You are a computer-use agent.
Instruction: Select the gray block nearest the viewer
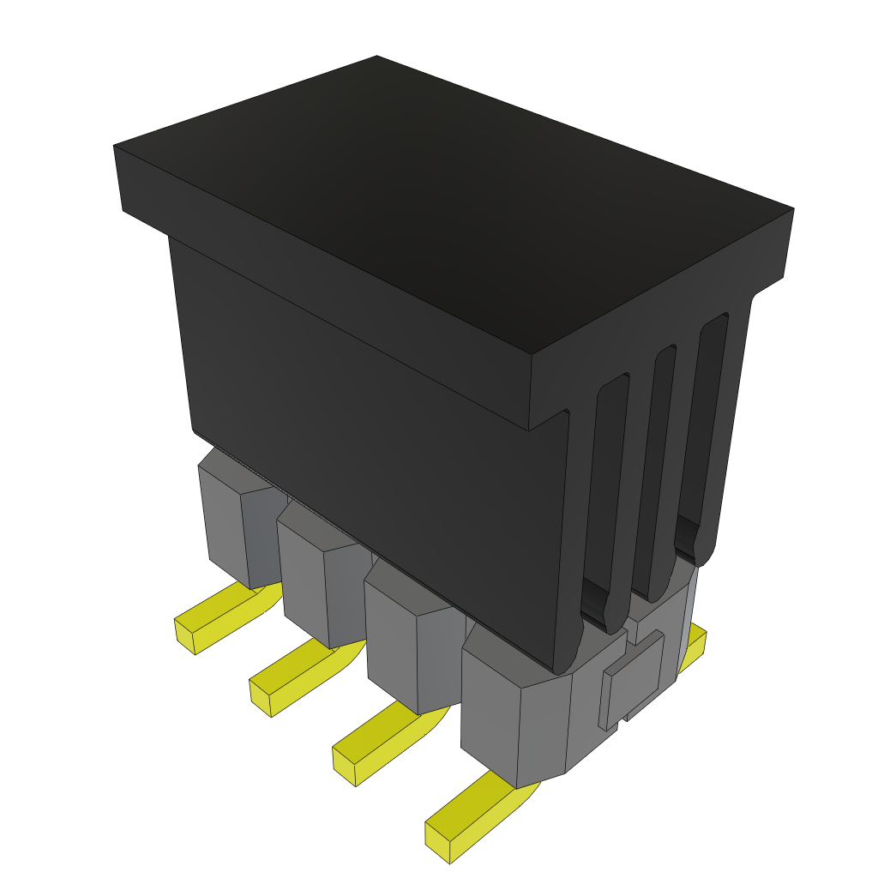(x=514, y=720)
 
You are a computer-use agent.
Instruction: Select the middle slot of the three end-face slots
(x=655, y=472)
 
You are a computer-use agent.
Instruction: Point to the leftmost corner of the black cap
(x=117, y=150)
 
